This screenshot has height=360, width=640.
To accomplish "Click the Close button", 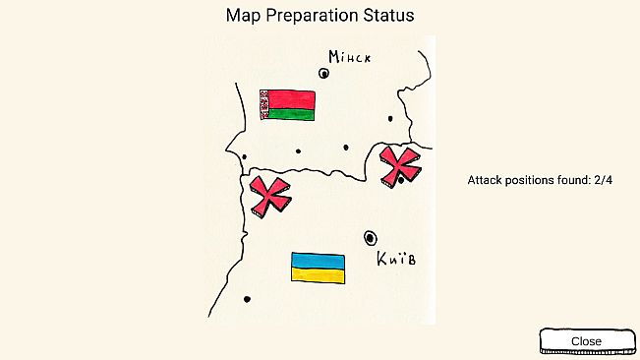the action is point(586,340).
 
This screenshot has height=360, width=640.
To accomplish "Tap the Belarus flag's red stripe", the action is point(292,99).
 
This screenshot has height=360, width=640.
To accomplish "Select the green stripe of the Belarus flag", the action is point(292,114).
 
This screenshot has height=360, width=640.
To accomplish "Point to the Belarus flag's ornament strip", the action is point(263,105).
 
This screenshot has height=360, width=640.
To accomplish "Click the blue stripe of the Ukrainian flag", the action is point(318,261).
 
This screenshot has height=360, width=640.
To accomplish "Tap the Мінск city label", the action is point(350,57).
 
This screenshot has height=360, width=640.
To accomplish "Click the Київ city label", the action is point(395,260).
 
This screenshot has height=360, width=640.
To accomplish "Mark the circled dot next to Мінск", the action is point(323,72).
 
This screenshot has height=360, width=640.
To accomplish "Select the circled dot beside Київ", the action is point(370,237).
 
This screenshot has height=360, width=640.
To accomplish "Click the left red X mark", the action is point(269,196).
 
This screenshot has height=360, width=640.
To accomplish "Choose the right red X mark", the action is point(400,163).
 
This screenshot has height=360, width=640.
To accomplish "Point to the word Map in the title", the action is point(242,16).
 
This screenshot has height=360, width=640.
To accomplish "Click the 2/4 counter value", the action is point(603,181).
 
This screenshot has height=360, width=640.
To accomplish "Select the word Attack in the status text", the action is point(486,181).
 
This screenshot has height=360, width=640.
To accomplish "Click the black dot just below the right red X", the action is point(401,180).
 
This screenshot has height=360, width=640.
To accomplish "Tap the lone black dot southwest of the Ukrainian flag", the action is point(247,299).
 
